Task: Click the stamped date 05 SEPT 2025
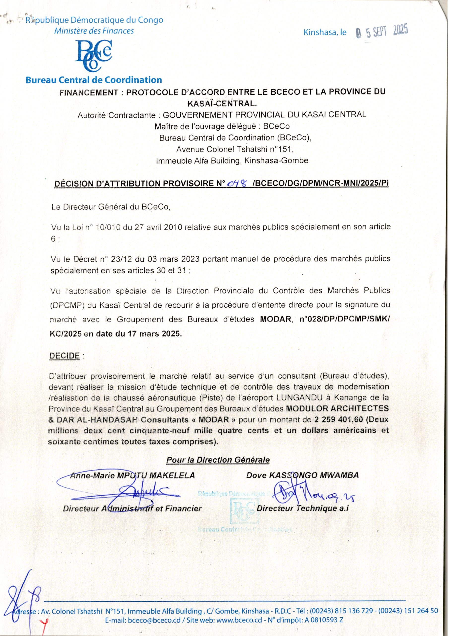point(382,33)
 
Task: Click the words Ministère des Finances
point(94,31)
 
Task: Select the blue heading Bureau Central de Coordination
point(94,80)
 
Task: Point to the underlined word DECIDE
point(64,356)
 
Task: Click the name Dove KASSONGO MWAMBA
point(302,475)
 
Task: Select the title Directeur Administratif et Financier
point(132,509)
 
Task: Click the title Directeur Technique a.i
point(303,508)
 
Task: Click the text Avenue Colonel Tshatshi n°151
point(235,149)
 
